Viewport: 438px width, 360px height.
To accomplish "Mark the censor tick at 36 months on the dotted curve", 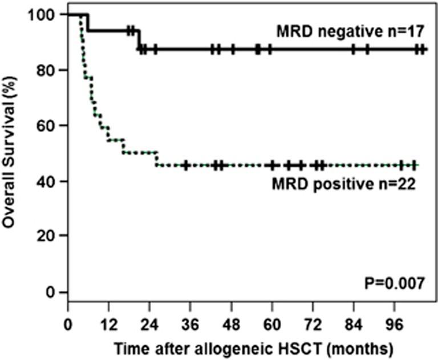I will pos(186,165).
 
